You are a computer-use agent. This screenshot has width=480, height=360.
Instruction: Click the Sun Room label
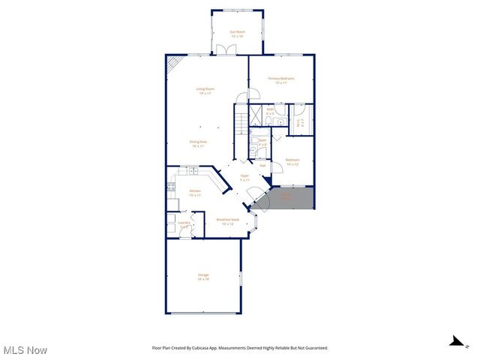pos(236,33)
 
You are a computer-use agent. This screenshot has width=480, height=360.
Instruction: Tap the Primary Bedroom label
pos(281,80)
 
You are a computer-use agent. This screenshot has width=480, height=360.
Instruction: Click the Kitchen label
pos(195,193)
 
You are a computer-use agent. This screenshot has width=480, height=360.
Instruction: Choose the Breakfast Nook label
pos(226,221)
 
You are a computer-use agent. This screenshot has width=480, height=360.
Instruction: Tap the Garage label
pos(203,277)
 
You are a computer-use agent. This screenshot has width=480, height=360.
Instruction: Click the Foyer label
pos(244,179)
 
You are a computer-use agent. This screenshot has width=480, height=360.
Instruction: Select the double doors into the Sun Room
pos(225,49)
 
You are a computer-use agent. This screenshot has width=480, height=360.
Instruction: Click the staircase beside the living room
pos(240,120)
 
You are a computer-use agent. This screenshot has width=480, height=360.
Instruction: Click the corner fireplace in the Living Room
pos(173,66)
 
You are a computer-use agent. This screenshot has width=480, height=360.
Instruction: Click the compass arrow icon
pos(454,341)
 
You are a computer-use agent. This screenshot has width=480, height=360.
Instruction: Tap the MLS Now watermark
pos(25,350)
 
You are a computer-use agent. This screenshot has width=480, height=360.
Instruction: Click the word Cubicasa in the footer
pos(199,348)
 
